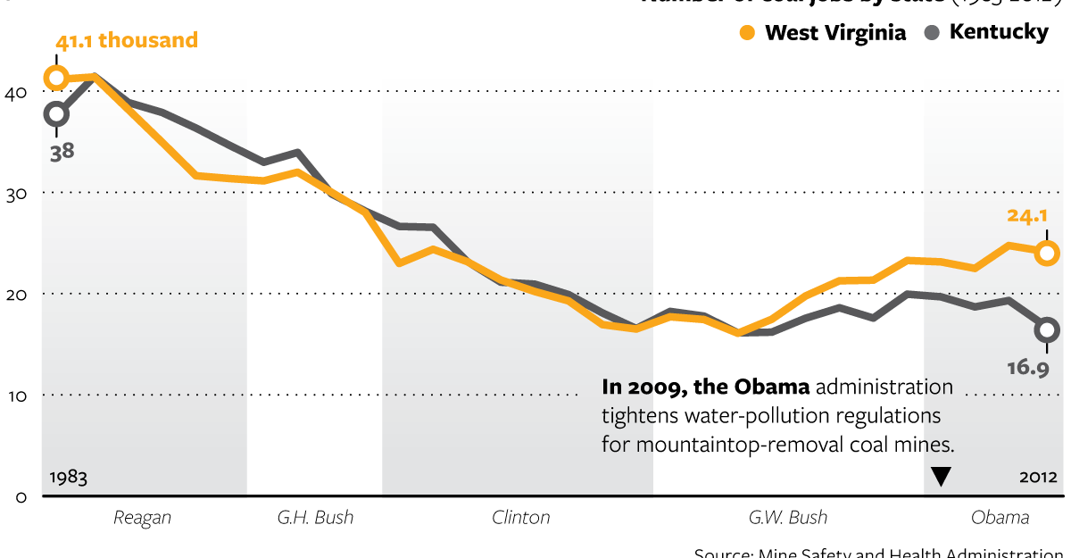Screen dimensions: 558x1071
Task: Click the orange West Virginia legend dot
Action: point(748,34)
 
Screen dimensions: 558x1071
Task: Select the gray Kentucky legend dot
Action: point(933,33)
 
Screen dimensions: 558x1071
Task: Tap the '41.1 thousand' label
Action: point(126,41)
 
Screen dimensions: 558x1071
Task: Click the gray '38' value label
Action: point(62,151)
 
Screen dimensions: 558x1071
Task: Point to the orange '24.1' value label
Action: point(1025,215)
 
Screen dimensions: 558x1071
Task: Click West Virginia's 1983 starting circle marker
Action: point(56,79)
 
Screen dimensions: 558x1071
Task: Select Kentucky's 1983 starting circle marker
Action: point(56,113)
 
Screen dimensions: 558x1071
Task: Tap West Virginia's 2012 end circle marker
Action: point(1047,253)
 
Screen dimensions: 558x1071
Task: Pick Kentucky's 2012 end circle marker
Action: point(1047,329)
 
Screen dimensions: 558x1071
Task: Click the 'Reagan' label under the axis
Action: point(142,518)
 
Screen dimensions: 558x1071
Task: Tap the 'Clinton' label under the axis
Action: point(520,518)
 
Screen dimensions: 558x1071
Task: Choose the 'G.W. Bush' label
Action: point(787,518)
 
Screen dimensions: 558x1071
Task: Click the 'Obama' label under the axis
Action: point(1000,518)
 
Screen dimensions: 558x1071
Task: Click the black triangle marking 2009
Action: point(941,478)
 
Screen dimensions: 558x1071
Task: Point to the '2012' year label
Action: point(1038,478)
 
